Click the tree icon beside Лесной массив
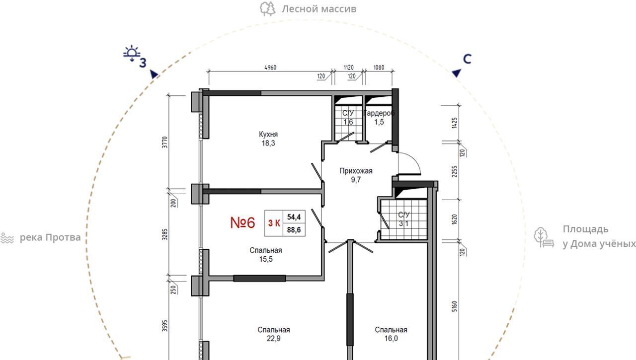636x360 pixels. [x=267, y=9]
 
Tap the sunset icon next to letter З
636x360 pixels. [x=132, y=53]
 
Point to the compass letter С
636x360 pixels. [x=467, y=59]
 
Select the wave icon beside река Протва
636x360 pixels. [x=7, y=238]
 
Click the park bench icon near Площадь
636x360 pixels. [x=544, y=237]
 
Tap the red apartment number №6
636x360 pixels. [x=243, y=222]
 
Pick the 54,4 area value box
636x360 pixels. [x=294, y=217]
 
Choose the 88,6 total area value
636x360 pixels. [x=294, y=230]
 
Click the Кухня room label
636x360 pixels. [x=268, y=134]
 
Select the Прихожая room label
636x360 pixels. [x=356, y=171]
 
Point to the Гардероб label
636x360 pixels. [x=379, y=113]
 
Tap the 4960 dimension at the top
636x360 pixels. [x=270, y=68]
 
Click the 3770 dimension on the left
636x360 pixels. [x=165, y=142]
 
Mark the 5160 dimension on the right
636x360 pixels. [x=455, y=306]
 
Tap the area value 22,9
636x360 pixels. [x=274, y=339]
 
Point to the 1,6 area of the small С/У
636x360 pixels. [x=348, y=122]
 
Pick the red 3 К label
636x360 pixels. [x=274, y=223]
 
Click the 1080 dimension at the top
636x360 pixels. [x=379, y=68]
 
